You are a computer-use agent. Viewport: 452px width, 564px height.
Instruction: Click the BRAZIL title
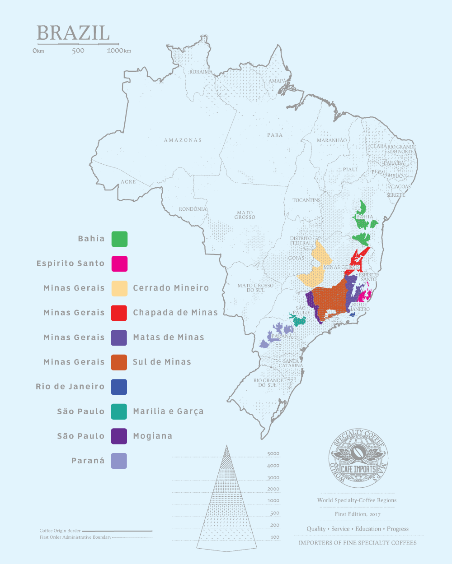73,33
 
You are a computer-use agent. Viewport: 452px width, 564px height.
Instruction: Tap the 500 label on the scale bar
78,51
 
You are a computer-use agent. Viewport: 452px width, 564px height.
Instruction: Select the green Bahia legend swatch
119,239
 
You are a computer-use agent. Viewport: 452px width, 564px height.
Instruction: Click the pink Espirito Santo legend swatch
119,264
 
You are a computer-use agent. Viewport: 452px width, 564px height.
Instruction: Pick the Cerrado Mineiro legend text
171,288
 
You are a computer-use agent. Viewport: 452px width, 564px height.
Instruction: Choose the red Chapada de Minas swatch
119,313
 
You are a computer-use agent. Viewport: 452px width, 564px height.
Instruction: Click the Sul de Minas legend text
162,362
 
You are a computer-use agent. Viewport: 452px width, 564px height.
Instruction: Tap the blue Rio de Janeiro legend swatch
119,387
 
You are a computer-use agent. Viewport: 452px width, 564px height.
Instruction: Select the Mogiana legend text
152,436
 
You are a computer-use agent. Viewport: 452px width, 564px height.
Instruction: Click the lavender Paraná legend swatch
119,461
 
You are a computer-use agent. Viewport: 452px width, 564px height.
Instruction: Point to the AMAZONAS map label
183,140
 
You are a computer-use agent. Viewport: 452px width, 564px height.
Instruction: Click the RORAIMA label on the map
201,72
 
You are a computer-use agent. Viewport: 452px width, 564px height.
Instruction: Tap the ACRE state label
128,182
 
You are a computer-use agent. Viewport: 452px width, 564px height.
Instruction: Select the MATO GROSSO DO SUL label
255,288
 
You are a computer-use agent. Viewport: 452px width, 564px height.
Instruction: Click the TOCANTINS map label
306,200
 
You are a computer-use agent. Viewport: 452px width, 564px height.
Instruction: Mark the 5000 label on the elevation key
273,454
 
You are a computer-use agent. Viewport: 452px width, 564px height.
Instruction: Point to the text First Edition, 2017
358,514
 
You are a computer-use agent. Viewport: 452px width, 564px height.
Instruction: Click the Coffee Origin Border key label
60,531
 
